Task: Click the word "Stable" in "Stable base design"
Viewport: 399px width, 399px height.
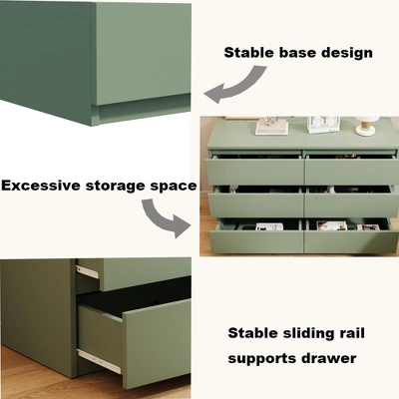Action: (249, 53)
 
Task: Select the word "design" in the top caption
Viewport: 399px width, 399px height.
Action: (346, 53)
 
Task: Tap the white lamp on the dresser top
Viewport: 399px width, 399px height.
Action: (366, 125)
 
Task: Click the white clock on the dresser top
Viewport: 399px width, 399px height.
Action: (321, 124)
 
